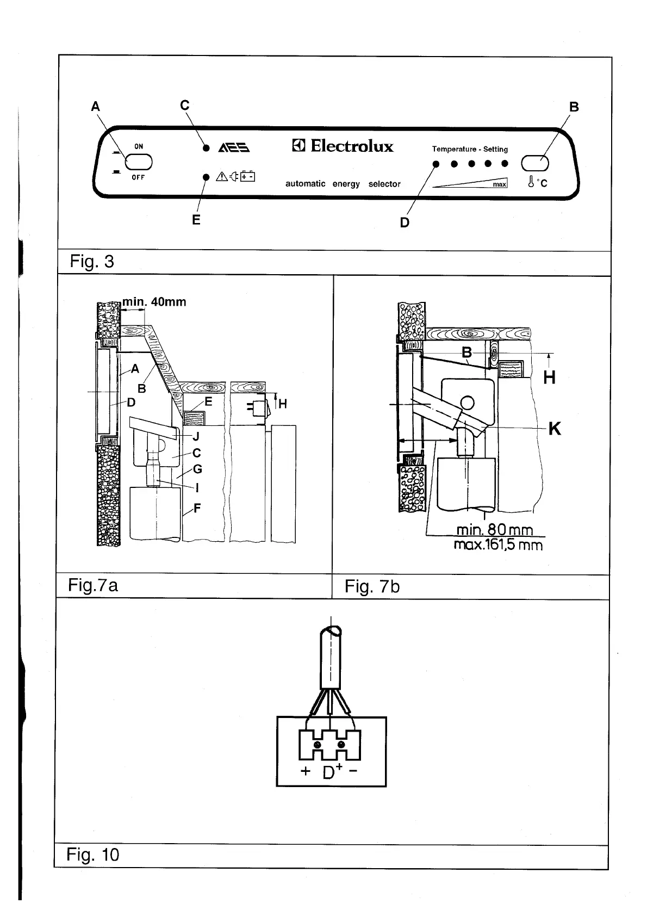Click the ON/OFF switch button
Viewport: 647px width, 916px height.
(138, 162)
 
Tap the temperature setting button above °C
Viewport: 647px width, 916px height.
(535, 163)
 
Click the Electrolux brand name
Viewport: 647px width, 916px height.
(351, 146)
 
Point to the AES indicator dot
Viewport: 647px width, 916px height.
(206, 148)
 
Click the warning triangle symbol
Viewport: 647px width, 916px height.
(222, 176)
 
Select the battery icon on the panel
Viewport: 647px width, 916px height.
(248, 176)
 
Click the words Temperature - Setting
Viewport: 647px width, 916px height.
(470, 149)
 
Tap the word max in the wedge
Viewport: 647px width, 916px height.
(499, 184)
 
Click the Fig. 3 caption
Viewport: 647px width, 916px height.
(92, 262)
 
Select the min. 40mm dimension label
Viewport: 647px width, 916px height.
(154, 302)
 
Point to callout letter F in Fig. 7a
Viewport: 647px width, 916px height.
(197, 509)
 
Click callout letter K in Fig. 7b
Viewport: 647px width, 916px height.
(554, 429)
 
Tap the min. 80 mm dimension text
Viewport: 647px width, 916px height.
(494, 530)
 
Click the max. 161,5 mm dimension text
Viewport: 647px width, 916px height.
(498, 544)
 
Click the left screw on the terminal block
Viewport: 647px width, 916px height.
(317, 744)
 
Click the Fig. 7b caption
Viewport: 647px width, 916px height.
(372, 587)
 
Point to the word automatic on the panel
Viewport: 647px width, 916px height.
(306, 184)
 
